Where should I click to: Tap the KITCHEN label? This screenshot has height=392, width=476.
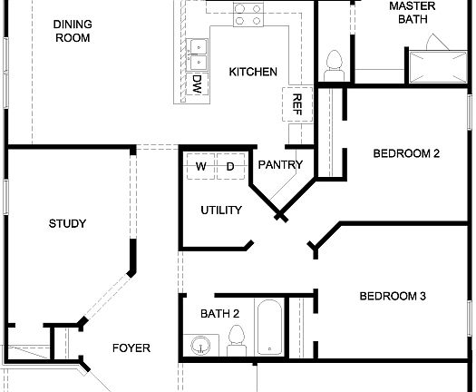coord(252,72)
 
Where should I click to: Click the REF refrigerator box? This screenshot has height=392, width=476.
coord(296,103)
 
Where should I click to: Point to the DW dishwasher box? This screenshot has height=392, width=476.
coord(197,84)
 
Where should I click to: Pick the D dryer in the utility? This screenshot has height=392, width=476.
coord(229,167)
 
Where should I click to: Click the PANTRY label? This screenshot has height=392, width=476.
coord(279,165)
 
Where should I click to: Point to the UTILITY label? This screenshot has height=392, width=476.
coord(221,211)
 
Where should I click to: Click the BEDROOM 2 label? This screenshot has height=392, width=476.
coord(406,153)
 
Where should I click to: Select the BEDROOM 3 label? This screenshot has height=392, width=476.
coord(393,296)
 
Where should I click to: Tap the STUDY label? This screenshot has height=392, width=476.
coord(67,223)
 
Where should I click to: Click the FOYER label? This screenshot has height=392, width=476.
coord(131,348)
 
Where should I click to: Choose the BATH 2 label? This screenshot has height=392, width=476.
coord(219,314)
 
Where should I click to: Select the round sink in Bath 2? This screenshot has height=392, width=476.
coord(200,345)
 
